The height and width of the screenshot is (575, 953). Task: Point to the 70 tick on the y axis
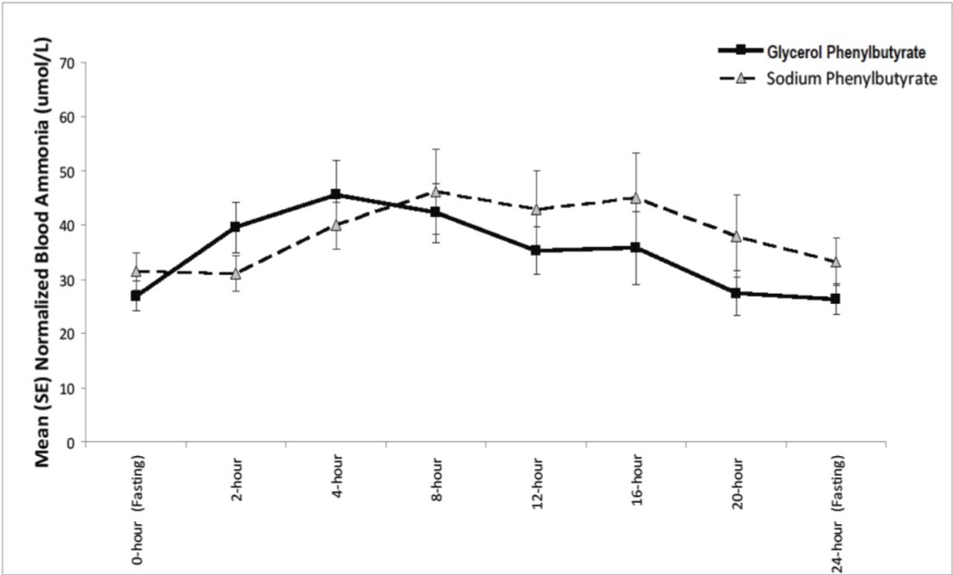coord(74,63)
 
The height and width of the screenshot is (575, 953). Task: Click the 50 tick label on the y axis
coord(74,171)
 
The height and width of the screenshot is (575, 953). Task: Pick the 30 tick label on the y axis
coord(74,279)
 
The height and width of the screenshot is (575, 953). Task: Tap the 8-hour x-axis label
coord(437,480)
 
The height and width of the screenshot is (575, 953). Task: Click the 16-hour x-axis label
coord(637,482)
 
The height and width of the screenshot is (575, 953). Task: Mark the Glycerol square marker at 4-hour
coord(336,194)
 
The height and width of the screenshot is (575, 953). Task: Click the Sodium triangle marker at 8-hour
coord(436,191)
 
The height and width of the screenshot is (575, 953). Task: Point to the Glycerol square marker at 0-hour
coord(136,296)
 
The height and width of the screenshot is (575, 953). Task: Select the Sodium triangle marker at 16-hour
coord(636,197)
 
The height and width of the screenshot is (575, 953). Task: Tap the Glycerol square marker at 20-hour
coord(736,293)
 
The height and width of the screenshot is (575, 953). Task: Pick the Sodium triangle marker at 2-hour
coord(236,273)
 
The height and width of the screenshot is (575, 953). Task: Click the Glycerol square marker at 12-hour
coord(536,251)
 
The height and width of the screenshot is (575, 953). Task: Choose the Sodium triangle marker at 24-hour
coord(836,262)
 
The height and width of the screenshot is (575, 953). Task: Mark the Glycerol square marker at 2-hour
coord(236,227)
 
